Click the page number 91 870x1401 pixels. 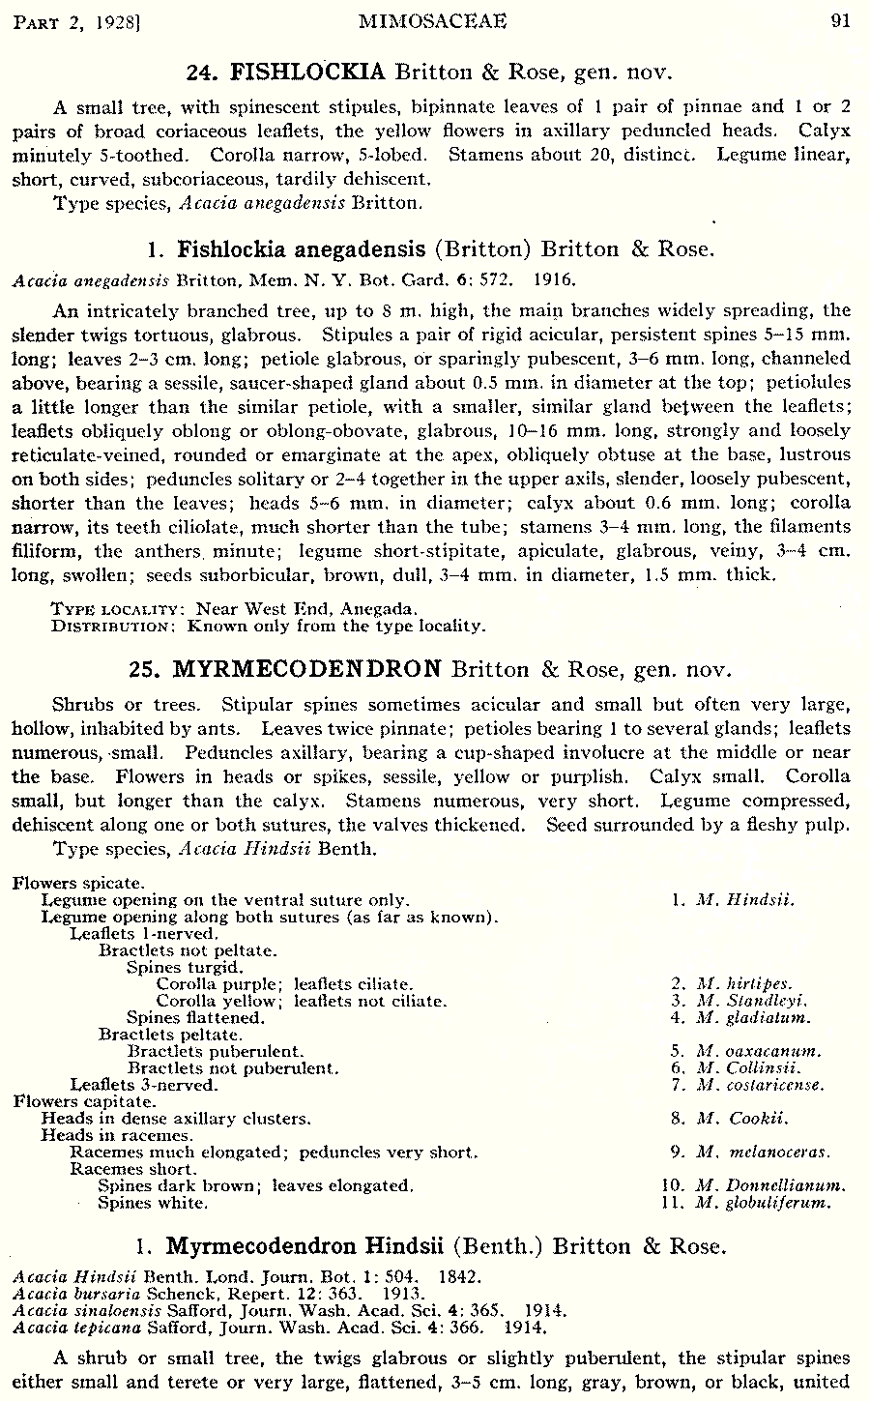tap(840, 20)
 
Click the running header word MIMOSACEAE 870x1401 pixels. tap(432, 20)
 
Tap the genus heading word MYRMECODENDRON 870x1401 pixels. tap(306, 669)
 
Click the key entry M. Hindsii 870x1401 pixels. tap(745, 899)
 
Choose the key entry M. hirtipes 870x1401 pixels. tap(744, 984)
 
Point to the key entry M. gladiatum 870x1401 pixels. tap(753, 1017)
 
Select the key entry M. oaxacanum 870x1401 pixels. tap(759, 1051)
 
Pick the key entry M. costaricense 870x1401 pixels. tap(761, 1085)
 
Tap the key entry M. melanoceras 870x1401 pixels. tap(763, 1152)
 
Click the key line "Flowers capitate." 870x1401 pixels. tap(84, 1101)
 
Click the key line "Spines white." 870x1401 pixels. tap(152, 1203)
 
